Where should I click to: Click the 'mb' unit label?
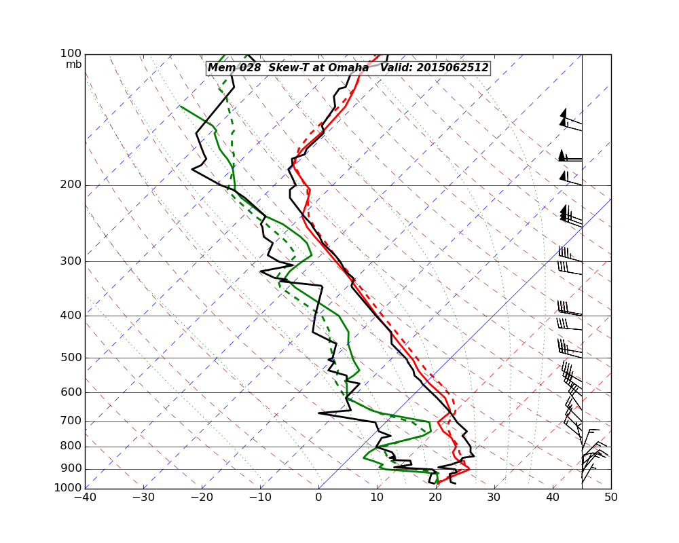(73, 64)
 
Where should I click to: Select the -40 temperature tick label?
(85, 498)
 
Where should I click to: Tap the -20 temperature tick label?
(202, 498)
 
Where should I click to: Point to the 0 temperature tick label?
(318, 498)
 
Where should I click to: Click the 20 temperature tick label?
(435, 498)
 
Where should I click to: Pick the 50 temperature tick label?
(611, 498)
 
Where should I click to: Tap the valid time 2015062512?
(452, 68)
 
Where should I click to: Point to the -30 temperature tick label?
(143, 498)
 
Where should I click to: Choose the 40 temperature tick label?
(553, 498)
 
